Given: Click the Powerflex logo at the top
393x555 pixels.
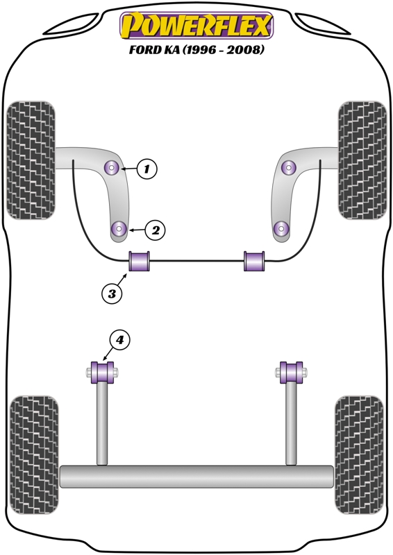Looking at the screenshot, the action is (196, 25).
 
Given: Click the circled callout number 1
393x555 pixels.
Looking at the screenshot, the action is (147, 169).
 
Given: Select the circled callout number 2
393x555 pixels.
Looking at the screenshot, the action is (156, 230).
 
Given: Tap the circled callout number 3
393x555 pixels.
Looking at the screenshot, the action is (112, 293).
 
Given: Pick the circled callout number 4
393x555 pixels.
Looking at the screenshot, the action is (120, 340).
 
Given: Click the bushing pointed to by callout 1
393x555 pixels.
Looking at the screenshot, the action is (113, 168).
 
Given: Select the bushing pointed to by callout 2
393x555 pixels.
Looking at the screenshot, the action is (119, 228).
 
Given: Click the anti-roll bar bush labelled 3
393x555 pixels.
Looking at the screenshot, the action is (140, 261).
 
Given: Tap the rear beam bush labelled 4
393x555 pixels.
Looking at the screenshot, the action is (102, 373).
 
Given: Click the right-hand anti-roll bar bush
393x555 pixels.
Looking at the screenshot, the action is (254, 261).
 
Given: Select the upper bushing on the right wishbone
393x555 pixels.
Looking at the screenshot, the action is (289, 167).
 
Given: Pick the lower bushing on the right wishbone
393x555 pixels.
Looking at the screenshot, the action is (282, 228).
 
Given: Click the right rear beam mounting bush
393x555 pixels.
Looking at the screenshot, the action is (291, 373).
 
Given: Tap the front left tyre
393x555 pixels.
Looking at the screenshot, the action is (31, 160).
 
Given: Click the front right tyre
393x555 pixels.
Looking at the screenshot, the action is (362, 160).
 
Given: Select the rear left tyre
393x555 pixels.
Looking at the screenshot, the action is (34, 455).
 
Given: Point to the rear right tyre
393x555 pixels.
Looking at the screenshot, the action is (359, 455).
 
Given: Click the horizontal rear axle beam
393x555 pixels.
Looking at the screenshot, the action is (196, 477).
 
